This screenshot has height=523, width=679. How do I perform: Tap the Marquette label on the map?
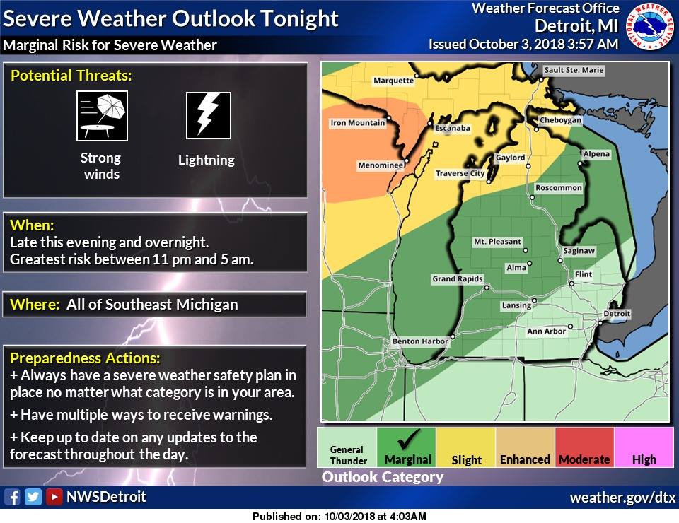pos(393,81)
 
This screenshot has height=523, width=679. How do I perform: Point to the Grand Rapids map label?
pos(457,279)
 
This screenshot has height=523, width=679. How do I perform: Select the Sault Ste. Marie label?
pos(574,71)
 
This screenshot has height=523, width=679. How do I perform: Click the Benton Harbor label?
pos(420,341)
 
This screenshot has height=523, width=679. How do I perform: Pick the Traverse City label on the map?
pos(460,173)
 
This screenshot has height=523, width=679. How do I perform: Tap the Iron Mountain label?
pos(358,123)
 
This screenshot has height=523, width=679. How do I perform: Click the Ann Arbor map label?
pos(546,331)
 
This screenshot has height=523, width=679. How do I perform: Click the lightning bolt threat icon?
pos(209,115)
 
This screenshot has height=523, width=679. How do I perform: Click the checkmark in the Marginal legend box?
pos(407,439)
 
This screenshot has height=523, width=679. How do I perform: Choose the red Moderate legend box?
pos(584,448)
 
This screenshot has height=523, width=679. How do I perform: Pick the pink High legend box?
pos(644,448)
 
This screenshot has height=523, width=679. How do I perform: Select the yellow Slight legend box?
pos(466,448)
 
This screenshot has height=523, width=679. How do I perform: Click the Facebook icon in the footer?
pos(12,497)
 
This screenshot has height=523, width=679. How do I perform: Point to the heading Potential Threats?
pos(71,76)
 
